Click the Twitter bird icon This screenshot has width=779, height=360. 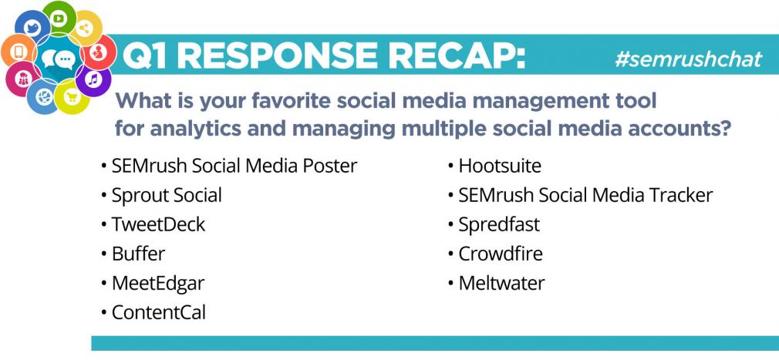point(32,27)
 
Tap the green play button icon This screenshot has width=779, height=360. point(59,19)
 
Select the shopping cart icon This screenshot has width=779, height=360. point(73,97)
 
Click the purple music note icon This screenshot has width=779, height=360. point(93,79)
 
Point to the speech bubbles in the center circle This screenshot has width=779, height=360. point(59,59)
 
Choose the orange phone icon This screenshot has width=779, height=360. point(19,51)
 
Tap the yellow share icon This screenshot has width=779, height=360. point(85,29)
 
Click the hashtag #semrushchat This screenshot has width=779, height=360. point(688,59)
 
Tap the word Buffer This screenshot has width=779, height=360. point(138,254)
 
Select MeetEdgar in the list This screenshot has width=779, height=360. point(158,284)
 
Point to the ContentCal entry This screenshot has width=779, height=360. point(158,313)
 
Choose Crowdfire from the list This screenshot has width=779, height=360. point(501,254)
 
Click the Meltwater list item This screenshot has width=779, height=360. point(502,283)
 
